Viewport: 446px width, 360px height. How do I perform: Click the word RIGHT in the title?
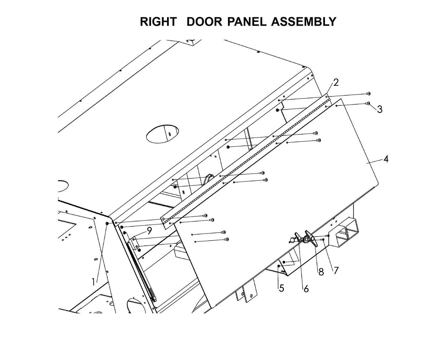click(158, 22)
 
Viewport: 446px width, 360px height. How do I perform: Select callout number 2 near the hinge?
click(336, 82)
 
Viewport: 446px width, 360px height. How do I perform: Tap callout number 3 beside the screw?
click(380, 109)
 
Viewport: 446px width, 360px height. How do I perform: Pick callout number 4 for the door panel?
click(386, 159)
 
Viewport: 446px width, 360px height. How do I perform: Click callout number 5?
click(281, 288)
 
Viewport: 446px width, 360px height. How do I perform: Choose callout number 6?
click(306, 289)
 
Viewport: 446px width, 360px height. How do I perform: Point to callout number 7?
click(336, 270)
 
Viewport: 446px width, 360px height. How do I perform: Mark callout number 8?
click(321, 272)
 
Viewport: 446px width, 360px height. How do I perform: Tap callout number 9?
click(149, 230)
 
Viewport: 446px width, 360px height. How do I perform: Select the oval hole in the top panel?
click(163, 134)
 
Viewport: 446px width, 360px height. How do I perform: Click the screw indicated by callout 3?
click(368, 103)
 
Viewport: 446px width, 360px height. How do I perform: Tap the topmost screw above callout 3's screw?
click(368, 93)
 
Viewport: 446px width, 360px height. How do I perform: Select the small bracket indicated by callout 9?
click(135, 243)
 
